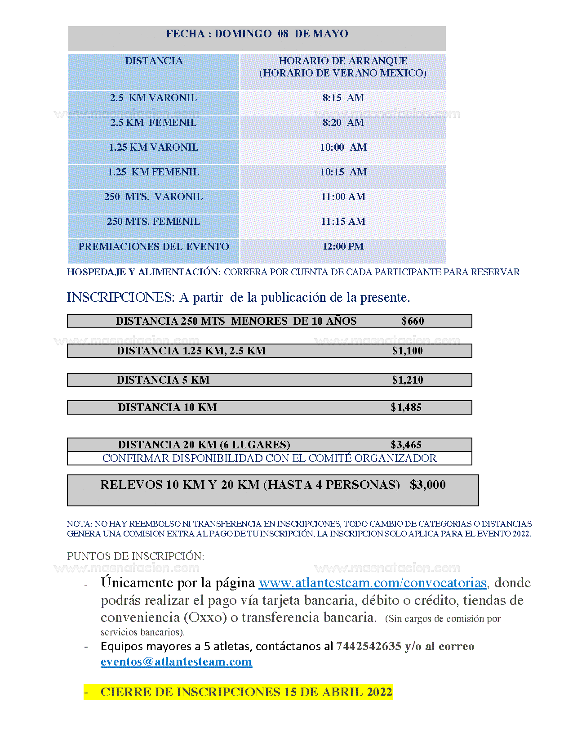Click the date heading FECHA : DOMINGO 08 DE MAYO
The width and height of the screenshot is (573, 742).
click(x=257, y=34)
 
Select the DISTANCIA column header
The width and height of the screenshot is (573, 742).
click(x=154, y=61)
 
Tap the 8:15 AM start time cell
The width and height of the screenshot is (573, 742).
click(x=343, y=98)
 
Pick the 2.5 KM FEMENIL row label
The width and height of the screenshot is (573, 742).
click(x=153, y=123)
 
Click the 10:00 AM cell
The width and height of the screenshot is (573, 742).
click(x=343, y=148)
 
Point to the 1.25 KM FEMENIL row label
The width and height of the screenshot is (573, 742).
click(x=153, y=172)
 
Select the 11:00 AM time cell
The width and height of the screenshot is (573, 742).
click(x=343, y=197)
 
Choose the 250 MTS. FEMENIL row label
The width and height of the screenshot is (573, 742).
click(x=153, y=222)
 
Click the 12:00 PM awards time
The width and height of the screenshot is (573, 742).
click(x=343, y=246)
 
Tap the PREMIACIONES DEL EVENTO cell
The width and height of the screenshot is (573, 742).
click(x=153, y=246)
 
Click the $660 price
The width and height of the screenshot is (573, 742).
click(x=413, y=321)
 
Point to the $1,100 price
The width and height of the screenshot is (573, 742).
click(x=407, y=351)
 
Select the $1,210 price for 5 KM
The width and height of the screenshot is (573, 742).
click(x=407, y=380)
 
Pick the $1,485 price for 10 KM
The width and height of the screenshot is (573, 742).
click(x=406, y=407)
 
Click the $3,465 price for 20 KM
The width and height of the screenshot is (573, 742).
click(x=406, y=445)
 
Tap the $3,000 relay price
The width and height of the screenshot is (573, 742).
click(x=427, y=485)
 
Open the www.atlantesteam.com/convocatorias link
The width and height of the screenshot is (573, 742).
click(x=373, y=583)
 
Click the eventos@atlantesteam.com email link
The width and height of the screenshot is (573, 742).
click(x=176, y=662)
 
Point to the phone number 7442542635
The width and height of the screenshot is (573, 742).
click(x=369, y=646)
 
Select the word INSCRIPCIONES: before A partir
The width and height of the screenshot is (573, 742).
click(x=120, y=297)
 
